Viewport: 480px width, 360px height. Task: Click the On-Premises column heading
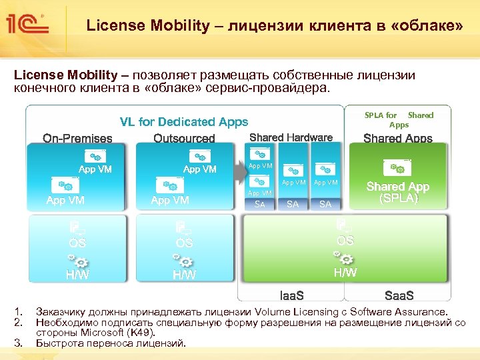tap(78, 139)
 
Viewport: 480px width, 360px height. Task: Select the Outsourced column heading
tap(184, 139)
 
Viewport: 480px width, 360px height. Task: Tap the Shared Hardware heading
tap(291, 137)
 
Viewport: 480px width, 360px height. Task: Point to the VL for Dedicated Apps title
tap(184, 122)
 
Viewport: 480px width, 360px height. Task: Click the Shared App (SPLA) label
tap(398, 193)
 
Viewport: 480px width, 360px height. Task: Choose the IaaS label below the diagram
tap(291, 295)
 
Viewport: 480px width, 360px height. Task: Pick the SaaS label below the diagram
tap(399, 295)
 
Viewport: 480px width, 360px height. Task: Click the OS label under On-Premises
tap(77, 243)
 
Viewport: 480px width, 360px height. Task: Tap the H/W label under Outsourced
tap(184, 275)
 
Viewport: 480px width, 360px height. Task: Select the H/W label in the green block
tap(345, 272)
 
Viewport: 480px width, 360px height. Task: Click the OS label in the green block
tap(345, 240)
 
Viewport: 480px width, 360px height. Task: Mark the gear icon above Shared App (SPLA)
tap(397, 167)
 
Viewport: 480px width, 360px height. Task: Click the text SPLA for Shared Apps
tap(399, 120)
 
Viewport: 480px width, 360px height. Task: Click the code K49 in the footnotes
tap(141, 333)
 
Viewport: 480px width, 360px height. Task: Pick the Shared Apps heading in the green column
tap(398, 139)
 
